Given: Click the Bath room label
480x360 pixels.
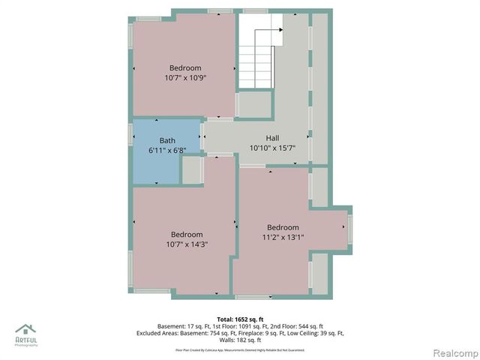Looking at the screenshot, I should point(167,140).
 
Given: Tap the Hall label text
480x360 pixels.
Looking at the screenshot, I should point(272,138).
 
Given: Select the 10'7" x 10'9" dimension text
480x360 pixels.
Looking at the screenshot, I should point(185,77).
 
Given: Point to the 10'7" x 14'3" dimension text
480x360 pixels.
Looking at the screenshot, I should point(187,244).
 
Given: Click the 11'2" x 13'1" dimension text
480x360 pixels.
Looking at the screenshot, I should point(283,238).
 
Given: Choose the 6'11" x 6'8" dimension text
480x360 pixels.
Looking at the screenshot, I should point(167,150).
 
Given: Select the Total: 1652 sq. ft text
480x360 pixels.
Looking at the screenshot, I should point(239,318).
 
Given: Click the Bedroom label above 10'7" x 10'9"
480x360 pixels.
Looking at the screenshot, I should point(185,67).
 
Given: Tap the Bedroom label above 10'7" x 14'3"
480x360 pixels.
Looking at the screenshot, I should point(187,234).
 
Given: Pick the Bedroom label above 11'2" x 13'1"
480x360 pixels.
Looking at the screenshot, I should point(283,228).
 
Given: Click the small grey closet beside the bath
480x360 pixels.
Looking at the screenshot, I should point(193,170).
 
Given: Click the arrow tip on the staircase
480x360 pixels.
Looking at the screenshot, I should point(281,30).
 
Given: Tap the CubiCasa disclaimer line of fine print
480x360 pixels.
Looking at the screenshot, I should point(239,349).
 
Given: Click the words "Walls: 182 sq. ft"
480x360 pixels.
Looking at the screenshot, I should point(239,340).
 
